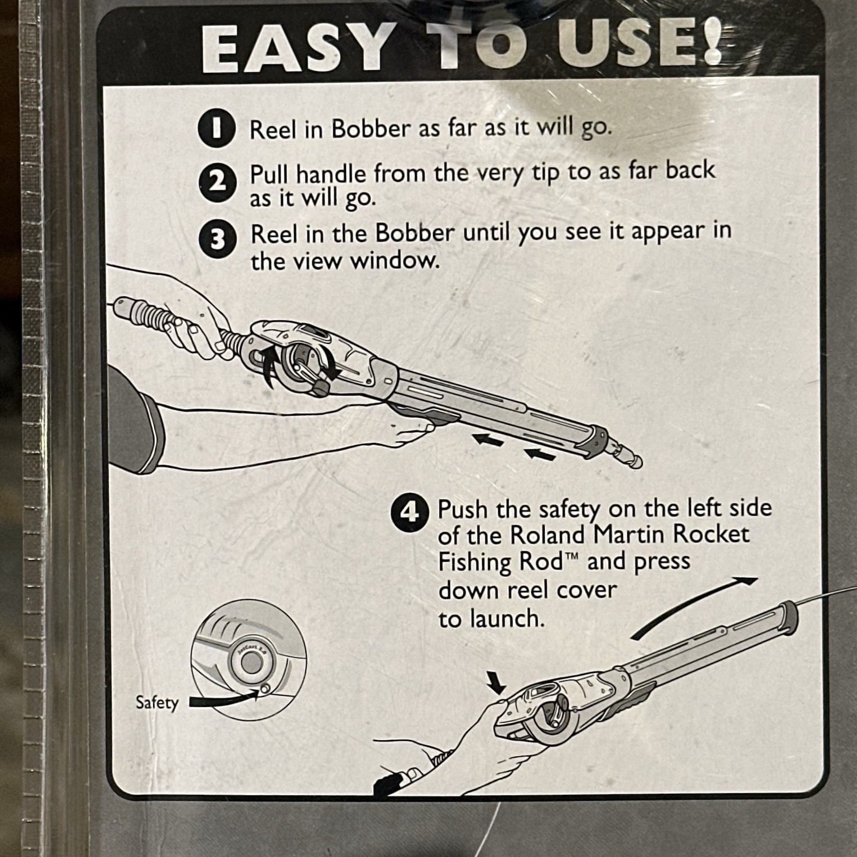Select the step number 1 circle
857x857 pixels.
(x=216, y=129)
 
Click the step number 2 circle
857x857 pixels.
(x=216, y=183)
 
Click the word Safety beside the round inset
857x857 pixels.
(x=156, y=703)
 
